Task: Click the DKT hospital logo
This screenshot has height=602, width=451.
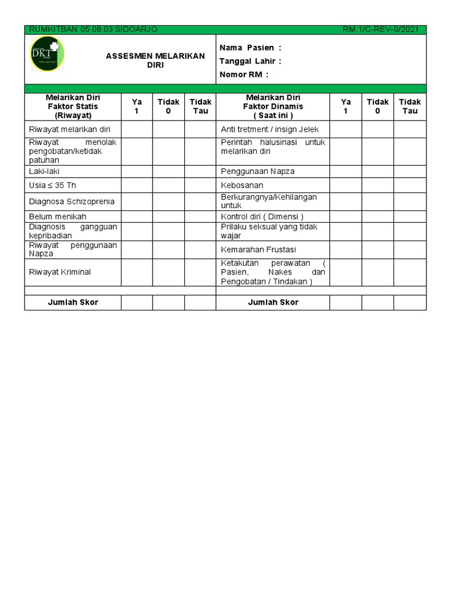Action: tap(47, 54)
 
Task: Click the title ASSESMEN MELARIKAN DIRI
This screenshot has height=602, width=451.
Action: tap(155, 61)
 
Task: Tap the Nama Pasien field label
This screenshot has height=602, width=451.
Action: tap(250, 48)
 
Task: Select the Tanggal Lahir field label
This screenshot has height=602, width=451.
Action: tap(250, 61)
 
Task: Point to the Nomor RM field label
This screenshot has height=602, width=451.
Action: tap(244, 75)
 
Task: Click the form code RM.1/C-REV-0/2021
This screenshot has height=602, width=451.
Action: tap(381, 30)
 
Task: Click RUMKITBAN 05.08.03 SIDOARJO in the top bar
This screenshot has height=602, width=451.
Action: tap(93, 30)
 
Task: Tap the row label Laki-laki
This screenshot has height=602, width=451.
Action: tap(44, 171)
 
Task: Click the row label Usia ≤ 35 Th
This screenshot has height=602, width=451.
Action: tap(53, 185)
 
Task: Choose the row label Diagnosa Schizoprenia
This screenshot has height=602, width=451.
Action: tap(72, 202)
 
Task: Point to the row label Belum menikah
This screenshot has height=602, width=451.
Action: tap(58, 216)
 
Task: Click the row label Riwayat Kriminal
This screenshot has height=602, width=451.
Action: tap(60, 272)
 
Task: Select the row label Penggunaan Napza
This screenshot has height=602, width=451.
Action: tap(258, 171)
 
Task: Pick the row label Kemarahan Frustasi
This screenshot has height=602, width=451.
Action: tap(258, 250)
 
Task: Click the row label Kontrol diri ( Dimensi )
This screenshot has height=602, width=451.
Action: tap(262, 216)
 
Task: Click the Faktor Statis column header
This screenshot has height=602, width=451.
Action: tap(73, 106)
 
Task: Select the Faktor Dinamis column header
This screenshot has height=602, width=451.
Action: tap(273, 106)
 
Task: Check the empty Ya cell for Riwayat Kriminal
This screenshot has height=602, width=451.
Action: tap(137, 272)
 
